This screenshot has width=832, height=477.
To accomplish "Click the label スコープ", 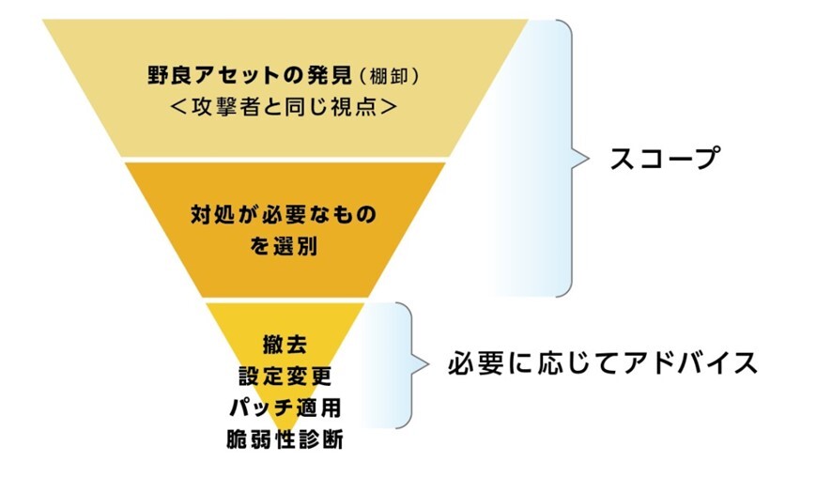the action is [x=665, y=158].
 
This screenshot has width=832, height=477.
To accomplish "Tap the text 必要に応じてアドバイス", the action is [x=603, y=363].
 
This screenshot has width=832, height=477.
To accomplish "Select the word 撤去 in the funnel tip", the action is [x=285, y=345].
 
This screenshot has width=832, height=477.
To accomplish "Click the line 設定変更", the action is [x=285, y=377].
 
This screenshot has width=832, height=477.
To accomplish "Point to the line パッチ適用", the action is [x=285, y=408].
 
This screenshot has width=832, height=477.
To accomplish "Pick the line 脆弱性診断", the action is [x=285, y=439].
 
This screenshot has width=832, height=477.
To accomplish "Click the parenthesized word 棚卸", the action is [x=389, y=77].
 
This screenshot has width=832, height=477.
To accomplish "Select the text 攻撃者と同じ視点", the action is [x=285, y=107].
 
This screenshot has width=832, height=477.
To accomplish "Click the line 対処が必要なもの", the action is [x=284, y=214].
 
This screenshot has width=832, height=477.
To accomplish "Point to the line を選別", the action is [x=284, y=246].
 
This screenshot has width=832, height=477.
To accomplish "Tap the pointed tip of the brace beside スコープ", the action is [x=589, y=158].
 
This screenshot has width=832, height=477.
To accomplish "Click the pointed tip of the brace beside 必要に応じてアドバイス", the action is [x=428, y=364].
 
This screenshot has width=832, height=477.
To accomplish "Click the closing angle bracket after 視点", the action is [x=389, y=107].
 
